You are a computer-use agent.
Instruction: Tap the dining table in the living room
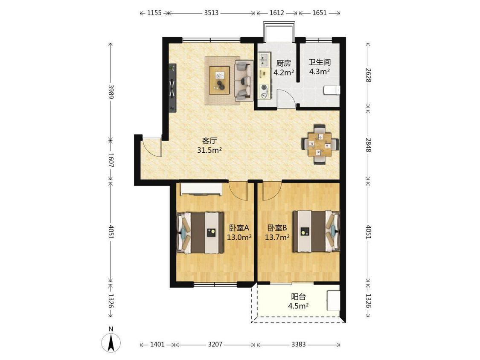[x=320, y=144]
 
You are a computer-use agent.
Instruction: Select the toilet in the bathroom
[x=332, y=90]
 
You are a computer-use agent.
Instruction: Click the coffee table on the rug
[x=219, y=80]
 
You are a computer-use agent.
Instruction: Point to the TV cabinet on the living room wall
[x=173, y=87]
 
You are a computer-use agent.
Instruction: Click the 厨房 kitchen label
[x=283, y=64]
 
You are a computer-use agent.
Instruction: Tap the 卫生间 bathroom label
[x=319, y=62]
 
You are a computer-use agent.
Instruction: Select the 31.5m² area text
[x=209, y=150]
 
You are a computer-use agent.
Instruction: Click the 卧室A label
[x=239, y=228]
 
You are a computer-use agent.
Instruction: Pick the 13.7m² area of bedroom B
[x=277, y=237]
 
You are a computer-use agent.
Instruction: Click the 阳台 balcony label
[x=298, y=296]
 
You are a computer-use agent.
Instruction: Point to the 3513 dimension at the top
[x=211, y=13]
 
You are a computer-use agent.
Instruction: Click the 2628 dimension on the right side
[x=368, y=75]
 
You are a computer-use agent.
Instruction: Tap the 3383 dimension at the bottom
[x=299, y=344]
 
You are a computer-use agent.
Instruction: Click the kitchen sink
[x=264, y=60]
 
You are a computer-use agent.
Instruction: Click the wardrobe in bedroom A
[x=201, y=189]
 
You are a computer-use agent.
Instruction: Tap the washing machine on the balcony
[x=333, y=301]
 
